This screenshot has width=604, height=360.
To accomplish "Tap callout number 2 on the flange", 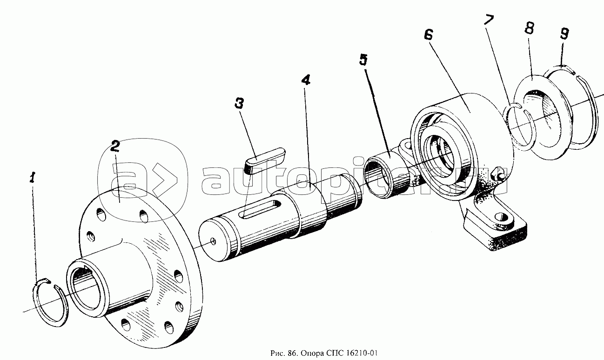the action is tap(114, 146).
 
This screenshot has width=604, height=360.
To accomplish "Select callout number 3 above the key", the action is tap(239, 103).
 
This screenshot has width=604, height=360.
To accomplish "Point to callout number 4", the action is tap(305, 79).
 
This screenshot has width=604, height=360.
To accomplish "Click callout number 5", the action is tap(363, 60).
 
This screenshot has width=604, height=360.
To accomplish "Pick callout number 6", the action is tap(428, 34).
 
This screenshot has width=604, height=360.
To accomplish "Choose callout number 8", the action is tap(529, 28).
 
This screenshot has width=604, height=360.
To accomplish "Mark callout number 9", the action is tap(564, 33).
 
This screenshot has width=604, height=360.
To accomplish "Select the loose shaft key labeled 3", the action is tap(265, 160).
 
